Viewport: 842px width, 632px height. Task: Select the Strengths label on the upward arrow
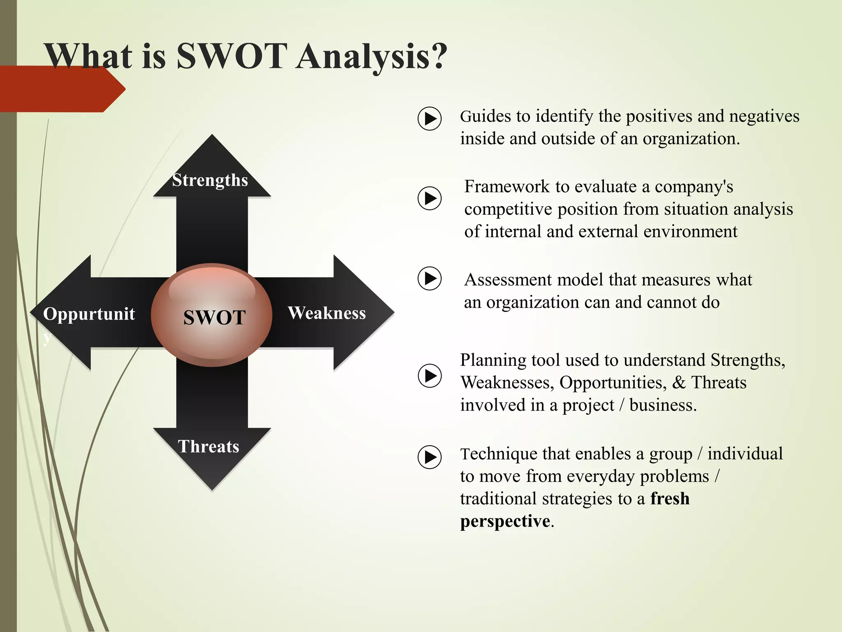pos(210,180)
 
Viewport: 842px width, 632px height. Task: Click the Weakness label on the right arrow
pos(326,313)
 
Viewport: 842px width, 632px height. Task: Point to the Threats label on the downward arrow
pos(208,446)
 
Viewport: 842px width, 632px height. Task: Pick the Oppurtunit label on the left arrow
pos(89,314)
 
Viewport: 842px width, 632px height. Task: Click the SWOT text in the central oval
pos(214,317)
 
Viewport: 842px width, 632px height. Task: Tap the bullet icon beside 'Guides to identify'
pos(430,119)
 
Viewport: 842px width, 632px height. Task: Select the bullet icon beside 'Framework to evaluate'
pos(430,198)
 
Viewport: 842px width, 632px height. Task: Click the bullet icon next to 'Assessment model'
pos(430,279)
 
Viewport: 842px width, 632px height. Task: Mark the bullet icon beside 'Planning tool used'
pos(430,375)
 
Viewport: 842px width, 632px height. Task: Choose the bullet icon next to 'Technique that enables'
pos(430,457)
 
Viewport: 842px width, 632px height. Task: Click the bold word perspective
pos(505,521)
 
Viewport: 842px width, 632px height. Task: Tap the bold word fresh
pos(670,499)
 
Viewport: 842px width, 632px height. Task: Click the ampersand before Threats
pos(679,383)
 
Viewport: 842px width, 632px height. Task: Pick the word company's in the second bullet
pos(694,187)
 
